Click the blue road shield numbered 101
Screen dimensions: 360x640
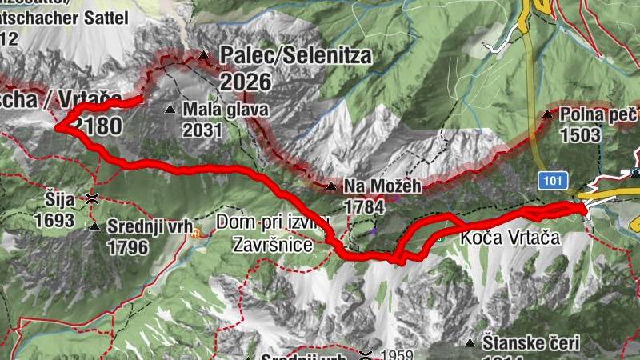tap(550, 181)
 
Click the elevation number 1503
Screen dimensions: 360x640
tap(580, 134)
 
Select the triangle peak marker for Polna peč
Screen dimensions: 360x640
tap(548, 115)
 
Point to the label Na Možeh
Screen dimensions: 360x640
tap(382, 187)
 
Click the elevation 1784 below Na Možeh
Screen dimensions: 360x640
tap(364, 207)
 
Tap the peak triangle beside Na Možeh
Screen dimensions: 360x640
tap(331, 186)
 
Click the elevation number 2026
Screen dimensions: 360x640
tap(246, 82)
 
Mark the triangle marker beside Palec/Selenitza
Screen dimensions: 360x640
tap(203, 56)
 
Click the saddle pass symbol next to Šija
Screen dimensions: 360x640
tap(94, 197)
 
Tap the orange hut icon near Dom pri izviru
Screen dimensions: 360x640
tap(195, 234)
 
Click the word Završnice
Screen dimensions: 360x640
tap(272, 246)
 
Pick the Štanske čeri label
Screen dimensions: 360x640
tap(532, 343)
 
